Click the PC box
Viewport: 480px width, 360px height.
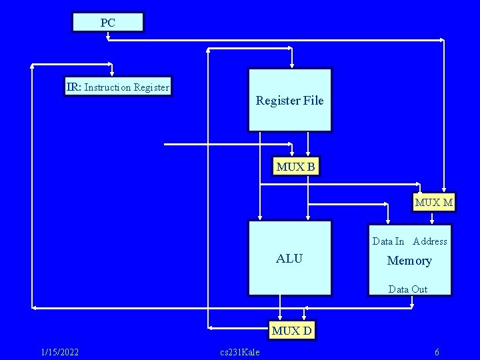pos(107,23)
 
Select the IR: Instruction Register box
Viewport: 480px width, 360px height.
pos(118,87)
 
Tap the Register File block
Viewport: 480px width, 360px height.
pos(289,101)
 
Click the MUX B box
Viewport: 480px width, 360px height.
pos(295,167)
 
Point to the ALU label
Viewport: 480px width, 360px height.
pos(289,259)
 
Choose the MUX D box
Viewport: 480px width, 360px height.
pos(292,330)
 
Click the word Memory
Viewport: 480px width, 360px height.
pos(409,261)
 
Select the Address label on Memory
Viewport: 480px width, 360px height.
pos(430,241)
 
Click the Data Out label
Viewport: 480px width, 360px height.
pos(408,289)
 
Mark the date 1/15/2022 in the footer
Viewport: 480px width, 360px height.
pos(60,352)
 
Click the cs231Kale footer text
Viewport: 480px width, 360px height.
pos(239,352)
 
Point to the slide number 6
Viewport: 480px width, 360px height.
pos(437,352)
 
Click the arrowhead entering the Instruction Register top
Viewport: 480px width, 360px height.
pos(113,73)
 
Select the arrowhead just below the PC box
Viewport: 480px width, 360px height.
pos(107,37)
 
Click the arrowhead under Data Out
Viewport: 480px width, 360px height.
pos(413,305)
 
